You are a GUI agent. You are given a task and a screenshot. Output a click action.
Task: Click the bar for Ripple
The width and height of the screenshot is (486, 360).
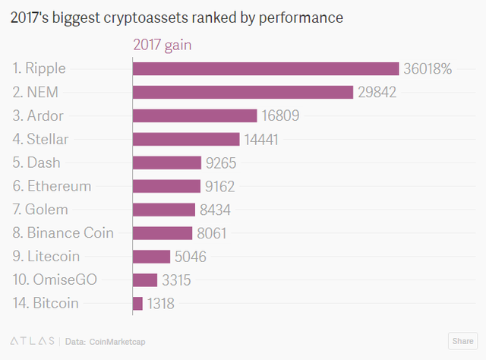[266, 69]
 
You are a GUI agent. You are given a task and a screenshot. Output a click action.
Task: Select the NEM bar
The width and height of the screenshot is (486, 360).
[243, 92]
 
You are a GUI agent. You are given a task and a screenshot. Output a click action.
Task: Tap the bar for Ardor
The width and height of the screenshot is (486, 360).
[195, 115]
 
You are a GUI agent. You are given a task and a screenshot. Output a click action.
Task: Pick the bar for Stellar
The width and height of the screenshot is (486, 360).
[186, 139]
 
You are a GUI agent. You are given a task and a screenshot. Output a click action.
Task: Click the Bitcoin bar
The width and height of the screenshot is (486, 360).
[137, 304]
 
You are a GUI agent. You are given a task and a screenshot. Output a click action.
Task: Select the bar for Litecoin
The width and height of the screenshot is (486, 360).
[151, 257]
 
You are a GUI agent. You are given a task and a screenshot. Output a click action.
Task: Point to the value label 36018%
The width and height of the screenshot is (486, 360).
[428, 69]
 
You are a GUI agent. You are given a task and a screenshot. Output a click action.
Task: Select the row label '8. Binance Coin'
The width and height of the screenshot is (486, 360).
[63, 233]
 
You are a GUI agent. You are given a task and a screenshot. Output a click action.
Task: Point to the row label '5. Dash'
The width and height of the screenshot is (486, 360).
[36, 163]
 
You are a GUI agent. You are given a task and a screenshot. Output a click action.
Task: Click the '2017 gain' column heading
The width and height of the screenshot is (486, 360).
[162, 46]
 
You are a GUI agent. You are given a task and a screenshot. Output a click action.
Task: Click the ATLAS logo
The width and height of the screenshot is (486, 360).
[31, 340]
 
